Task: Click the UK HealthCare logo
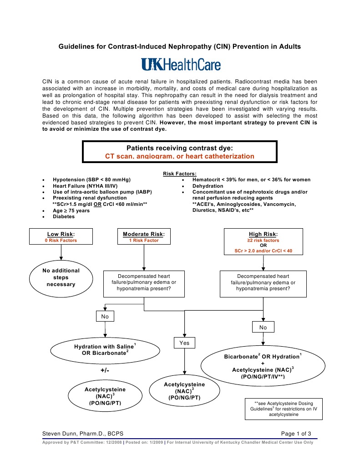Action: [x=181, y=65]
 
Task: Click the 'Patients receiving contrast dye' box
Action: [x=180, y=152]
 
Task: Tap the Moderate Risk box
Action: [x=143, y=237]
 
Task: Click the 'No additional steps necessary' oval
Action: [x=61, y=277]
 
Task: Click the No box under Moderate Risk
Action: [x=105, y=315]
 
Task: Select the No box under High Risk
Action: [x=263, y=327]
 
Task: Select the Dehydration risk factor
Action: [x=208, y=186]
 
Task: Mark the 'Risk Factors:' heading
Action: [x=180, y=174]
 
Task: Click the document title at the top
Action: [x=180, y=46]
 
